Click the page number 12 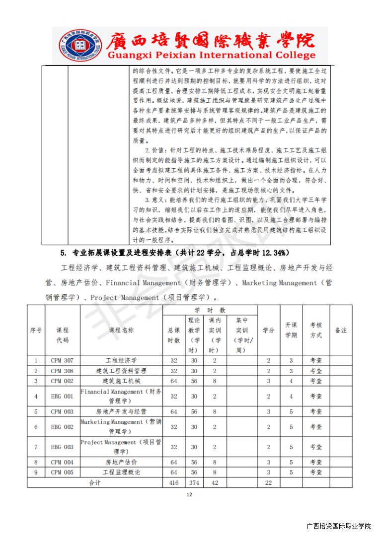coord(189,494)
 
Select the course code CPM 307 coord(62,360)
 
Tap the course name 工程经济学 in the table coord(121,360)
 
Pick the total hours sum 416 coord(174,482)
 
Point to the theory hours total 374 coord(194,482)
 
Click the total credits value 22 coord(269,482)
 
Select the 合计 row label coord(94,482)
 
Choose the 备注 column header coord(341,330)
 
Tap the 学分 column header coord(269,330)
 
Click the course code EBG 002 coord(62,427)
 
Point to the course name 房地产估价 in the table coord(121,462)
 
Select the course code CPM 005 coord(62,472)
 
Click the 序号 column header coord(36,330)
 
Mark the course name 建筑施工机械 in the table coord(121,381)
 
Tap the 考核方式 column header coord(316,330)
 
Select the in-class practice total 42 coord(215,482)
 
